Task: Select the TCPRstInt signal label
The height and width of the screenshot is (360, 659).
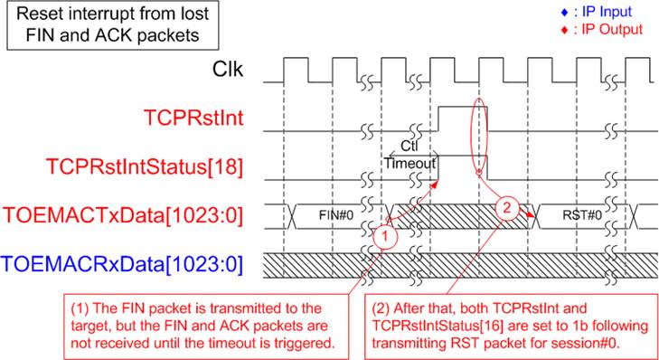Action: click(x=193, y=118)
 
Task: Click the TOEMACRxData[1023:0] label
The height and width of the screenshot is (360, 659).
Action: click(x=122, y=264)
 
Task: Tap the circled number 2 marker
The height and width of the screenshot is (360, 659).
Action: click(x=507, y=206)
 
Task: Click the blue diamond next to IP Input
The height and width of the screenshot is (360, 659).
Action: click(x=565, y=12)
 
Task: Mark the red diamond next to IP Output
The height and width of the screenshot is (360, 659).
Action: click(x=565, y=30)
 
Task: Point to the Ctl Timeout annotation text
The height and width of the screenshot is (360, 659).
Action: click(x=410, y=156)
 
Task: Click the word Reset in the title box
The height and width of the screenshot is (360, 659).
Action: click(x=37, y=14)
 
